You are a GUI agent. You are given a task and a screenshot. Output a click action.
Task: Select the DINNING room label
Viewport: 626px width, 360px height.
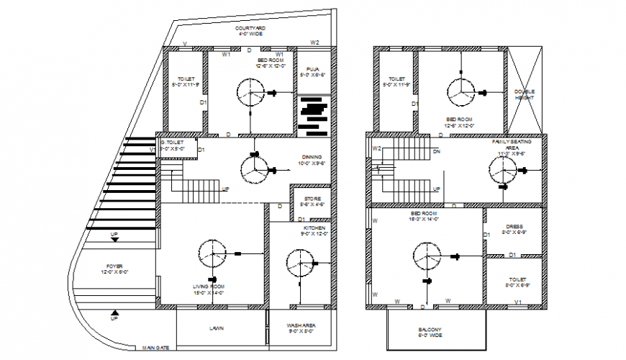(312, 160)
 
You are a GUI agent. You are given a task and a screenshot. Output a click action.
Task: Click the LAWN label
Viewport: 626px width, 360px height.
(217, 328)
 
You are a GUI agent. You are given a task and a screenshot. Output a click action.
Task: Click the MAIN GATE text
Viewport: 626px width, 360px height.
(155, 348)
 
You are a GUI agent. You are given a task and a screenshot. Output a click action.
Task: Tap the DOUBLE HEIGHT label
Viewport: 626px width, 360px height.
(525, 95)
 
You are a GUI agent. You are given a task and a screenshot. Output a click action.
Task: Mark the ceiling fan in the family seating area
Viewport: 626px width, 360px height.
(502, 171)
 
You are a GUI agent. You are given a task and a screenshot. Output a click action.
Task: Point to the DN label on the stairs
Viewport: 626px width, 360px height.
(437, 152)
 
